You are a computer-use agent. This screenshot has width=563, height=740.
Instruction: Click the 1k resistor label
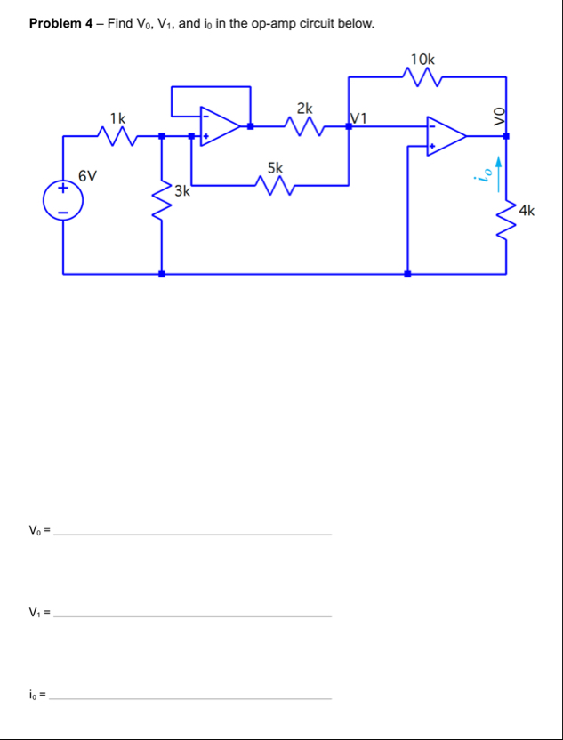[117, 117]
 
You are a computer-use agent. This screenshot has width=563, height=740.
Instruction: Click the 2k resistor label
[304, 108]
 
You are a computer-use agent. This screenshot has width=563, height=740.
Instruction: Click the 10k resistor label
[423, 59]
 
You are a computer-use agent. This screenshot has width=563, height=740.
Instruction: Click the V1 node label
[360, 117]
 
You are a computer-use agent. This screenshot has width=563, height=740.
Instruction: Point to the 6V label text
[87, 175]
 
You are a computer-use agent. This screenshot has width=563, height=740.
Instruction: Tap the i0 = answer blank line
[190, 698]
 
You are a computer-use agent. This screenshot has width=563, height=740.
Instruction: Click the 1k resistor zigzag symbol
[118, 136]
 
